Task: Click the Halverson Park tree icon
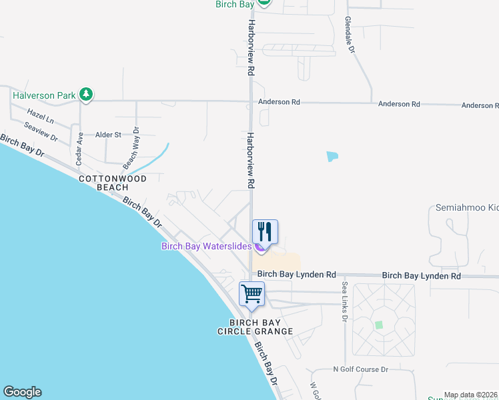85,95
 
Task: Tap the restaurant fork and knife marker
265,233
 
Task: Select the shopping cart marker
252,293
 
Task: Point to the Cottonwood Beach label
103,183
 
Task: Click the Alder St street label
108,135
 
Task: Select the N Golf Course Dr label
361,369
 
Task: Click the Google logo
22,392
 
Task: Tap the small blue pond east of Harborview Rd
332,157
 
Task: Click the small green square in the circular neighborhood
379,325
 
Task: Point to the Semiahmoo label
467,208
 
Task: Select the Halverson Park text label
44,95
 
